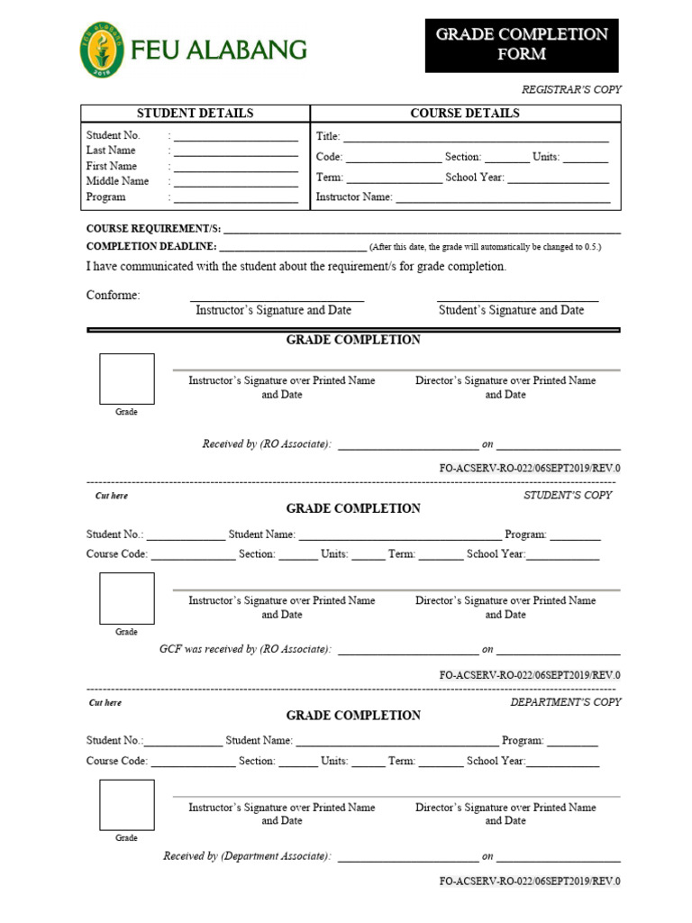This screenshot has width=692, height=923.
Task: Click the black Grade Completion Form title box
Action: (x=522, y=45)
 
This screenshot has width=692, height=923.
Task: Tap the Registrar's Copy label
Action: (x=571, y=89)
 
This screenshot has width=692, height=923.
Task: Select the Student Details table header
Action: (x=195, y=114)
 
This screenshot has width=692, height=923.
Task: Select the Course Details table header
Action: (x=465, y=114)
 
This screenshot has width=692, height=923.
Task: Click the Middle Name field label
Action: (x=117, y=181)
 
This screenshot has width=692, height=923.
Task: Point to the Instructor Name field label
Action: (x=353, y=197)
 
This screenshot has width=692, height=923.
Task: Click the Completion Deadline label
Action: (x=150, y=246)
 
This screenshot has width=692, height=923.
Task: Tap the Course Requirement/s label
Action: (x=153, y=229)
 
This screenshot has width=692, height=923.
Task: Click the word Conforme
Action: (x=113, y=296)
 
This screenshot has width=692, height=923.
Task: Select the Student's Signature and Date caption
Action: (x=511, y=310)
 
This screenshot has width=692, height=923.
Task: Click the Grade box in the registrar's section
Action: (x=126, y=379)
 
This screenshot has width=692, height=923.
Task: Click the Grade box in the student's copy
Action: (x=126, y=599)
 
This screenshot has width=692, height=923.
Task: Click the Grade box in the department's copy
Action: (x=126, y=806)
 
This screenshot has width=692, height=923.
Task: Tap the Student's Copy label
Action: (x=568, y=495)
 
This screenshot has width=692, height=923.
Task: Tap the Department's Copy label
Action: (x=566, y=702)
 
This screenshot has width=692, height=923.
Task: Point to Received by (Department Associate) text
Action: (x=246, y=856)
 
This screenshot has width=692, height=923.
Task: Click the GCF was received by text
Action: (x=244, y=649)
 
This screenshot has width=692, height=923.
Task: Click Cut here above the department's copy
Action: (x=105, y=703)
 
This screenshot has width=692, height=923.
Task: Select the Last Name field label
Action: (x=111, y=151)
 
